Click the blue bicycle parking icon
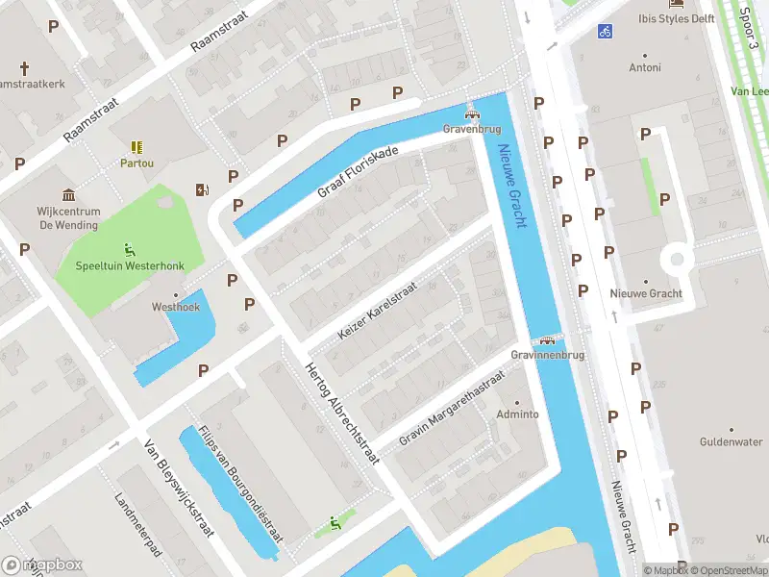[605, 31]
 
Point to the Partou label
[136, 163]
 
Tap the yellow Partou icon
[136, 146]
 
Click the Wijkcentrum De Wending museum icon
[68, 194]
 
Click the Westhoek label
[175, 308]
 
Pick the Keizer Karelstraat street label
[377, 311]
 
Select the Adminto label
[517, 414]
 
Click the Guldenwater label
[731, 441]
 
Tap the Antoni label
[645, 67]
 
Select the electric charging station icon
[201, 189]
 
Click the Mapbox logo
[42, 564]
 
